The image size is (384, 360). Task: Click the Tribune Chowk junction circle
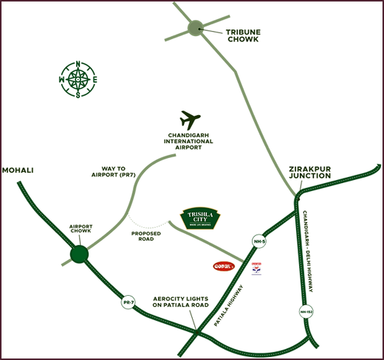pyautogui.click(x=195, y=29)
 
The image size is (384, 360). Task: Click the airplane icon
pyautogui.click(x=191, y=120)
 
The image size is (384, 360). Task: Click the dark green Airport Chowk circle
pyautogui.click(x=79, y=255)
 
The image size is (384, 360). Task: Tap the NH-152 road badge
pyautogui.click(x=306, y=311)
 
